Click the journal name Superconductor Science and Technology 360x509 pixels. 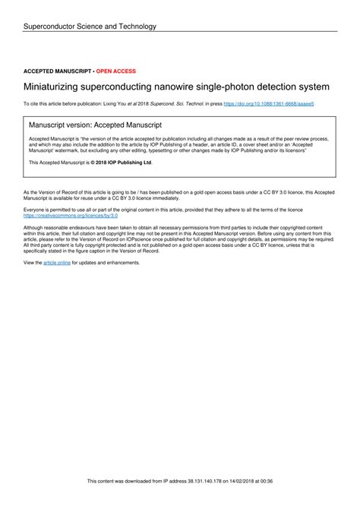coord(90,27)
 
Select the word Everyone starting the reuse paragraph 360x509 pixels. coord(36,210)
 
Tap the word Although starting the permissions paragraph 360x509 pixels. coord(35,226)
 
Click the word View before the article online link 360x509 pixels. coord(32,262)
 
